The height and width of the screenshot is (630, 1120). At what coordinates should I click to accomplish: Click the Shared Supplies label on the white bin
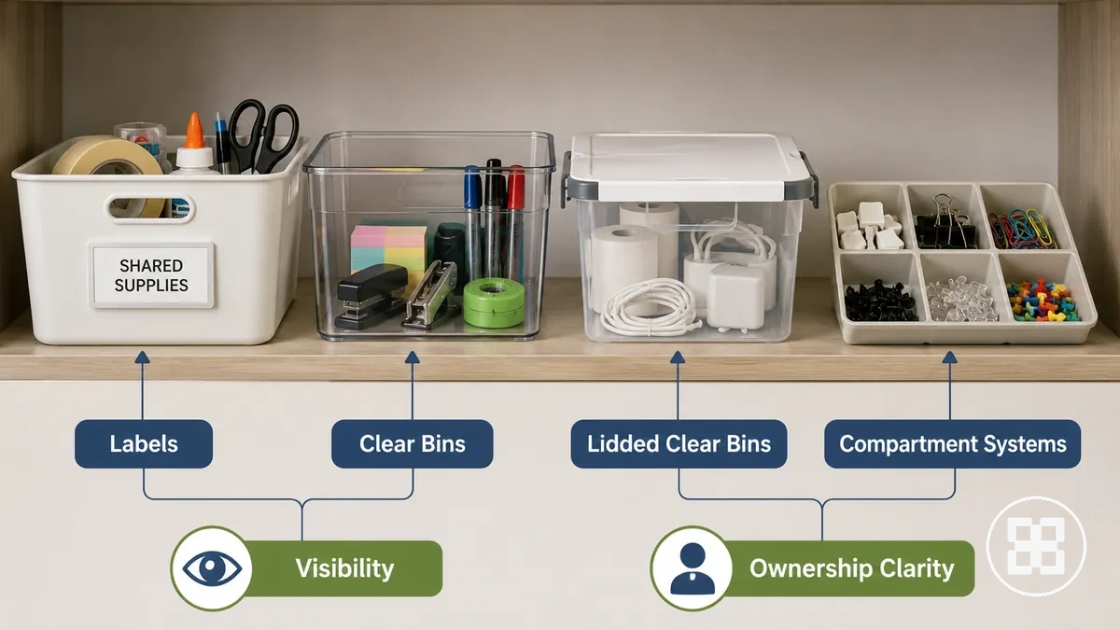pyautogui.click(x=151, y=275)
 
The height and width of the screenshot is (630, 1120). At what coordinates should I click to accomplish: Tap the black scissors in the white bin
pyautogui.click(x=262, y=135)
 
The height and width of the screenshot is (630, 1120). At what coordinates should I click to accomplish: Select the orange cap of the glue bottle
pyautogui.click(x=194, y=131)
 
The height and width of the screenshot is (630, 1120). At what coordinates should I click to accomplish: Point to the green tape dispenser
pyautogui.click(x=494, y=302)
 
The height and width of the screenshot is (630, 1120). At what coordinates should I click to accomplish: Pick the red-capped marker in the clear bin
pyautogui.click(x=515, y=220)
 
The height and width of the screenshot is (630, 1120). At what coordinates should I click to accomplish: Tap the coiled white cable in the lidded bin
pyautogui.click(x=649, y=306)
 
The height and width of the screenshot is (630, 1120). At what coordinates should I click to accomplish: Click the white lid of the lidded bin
pyautogui.click(x=688, y=166)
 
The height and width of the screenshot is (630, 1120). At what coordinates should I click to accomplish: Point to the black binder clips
pyautogui.click(x=945, y=224)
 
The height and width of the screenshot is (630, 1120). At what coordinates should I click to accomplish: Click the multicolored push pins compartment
pyautogui.click(x=1043, y=300)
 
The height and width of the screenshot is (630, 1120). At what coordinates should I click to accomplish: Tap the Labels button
pyautogui.click(x=144, y=444)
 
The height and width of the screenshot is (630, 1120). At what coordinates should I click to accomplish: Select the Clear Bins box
pyautogui.click(x=412, y=444)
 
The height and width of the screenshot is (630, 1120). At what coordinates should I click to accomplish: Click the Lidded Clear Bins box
pyautogui.click(x=679, y=444)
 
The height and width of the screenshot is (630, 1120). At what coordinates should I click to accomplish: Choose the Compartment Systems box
pyautogui.click(x=953, y=444)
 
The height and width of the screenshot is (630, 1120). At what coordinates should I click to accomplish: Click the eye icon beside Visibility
pyautogui.click(x=212, y=568)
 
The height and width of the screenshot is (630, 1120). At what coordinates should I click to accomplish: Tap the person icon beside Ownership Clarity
pyautogui.click(x=692, y=568)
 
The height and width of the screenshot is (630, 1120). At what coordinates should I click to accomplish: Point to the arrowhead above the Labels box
pyautogui.click(x=143, y=357)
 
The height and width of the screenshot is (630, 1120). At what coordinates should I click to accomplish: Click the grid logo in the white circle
pyautogui.click(x=1036, y=546)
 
